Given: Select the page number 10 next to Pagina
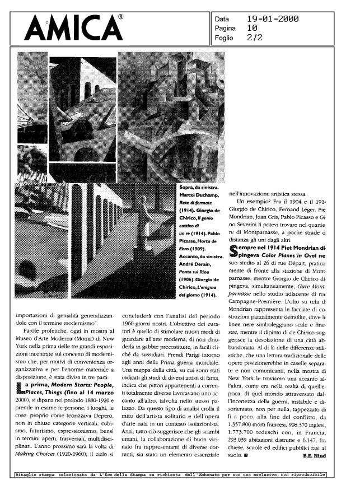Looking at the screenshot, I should (x=252, y=27).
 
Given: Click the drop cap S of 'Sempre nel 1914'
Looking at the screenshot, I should (x=235, y=248).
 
